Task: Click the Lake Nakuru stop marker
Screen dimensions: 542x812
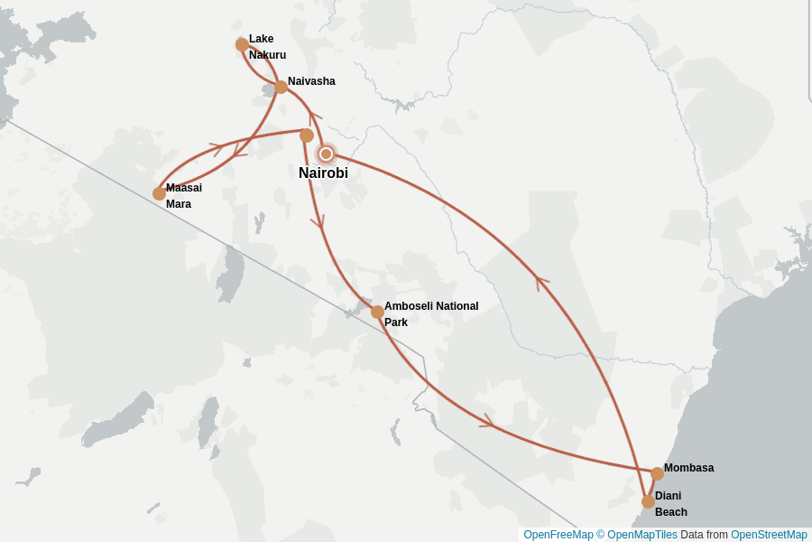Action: point(242,44)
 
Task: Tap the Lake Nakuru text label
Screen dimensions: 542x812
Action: point(267,47)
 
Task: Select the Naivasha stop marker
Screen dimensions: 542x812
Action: point(281,87)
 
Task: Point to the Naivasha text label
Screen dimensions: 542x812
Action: point(311,81)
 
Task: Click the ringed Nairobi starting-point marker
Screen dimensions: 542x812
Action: point(327,154)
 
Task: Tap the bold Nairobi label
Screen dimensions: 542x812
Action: point(323,173)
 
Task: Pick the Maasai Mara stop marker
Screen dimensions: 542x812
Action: point(159,193)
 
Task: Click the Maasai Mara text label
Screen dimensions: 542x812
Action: point(183,196)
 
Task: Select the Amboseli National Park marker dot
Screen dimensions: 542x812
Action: point(377,312)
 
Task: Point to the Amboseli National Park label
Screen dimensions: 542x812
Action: point(431,313)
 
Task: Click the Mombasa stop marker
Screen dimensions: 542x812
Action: point(657,473)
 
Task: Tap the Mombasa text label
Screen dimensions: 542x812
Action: point(688,468)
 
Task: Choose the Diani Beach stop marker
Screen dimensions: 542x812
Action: point(648,501)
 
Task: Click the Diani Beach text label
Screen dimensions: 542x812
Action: point(670,504)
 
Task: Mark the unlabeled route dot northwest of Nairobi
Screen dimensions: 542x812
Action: point(307,135)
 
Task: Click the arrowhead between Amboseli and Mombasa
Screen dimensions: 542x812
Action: point(488,421)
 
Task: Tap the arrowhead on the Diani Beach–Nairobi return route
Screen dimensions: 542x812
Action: point(542,283)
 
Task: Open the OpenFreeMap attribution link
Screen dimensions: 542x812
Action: point(558,535)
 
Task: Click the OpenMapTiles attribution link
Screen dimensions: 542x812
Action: point(641,535)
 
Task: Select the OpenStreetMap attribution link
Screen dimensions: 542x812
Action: point(768,535)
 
